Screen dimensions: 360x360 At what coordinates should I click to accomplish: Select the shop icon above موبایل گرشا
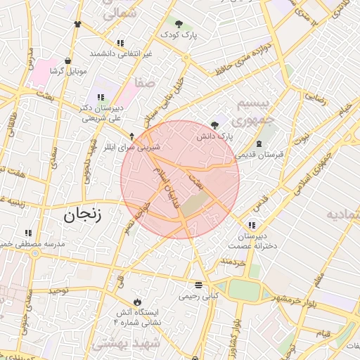(x=67, y=60)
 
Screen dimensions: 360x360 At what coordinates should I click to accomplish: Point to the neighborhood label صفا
(x=145, y=83)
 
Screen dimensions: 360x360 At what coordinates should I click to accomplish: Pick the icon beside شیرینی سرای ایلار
(x=131, y=136)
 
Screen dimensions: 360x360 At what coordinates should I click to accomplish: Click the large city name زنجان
(x=82, y=214)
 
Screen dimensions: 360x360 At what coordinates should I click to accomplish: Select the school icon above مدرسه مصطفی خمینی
(x=28, y=233)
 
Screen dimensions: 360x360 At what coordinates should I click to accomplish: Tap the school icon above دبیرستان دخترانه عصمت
(x=251, y=226)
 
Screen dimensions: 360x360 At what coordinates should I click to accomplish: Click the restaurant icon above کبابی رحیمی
(x=198, y=285)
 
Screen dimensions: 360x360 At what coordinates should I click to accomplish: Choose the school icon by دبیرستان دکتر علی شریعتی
(x=101, y=98)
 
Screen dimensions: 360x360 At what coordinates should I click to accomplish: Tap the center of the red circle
(x=180, y=179)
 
